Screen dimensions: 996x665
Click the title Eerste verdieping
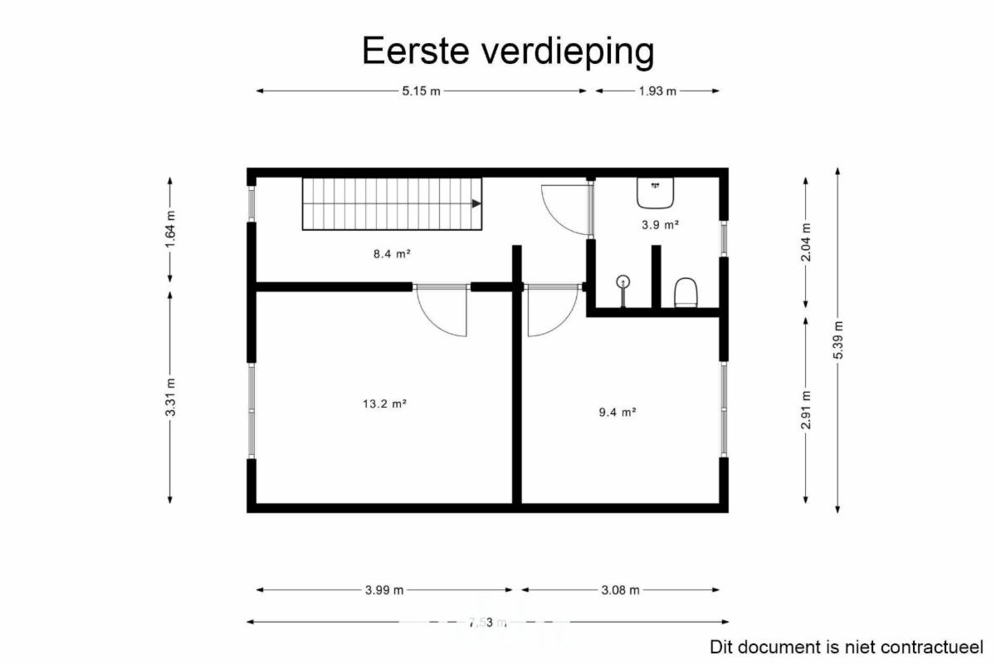tap(508, 51)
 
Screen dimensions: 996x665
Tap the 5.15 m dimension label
tap(421, 91)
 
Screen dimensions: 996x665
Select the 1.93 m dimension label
tap(657, 91)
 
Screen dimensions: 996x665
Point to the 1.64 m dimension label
tap(170, 229)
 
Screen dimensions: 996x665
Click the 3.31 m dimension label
tap(170, 397)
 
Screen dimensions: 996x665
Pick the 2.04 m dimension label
tap(806, 242)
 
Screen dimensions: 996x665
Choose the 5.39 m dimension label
tap(837, 340)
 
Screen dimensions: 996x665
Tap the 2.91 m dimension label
tap(806, 409)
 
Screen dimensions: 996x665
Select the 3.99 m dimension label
tap(384, 590)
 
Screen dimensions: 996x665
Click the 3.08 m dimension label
tap(620, 590)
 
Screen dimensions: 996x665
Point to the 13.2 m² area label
tap(384, 403)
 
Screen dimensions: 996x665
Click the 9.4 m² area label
tap(618, 413)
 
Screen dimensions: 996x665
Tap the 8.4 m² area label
tap(392, 254)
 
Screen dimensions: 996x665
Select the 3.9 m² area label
tap(660, 225)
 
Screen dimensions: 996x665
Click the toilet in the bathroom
tap(686, 293)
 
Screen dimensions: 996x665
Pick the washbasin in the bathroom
tap(655, 193)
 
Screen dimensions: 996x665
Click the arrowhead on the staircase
tap(476, 203)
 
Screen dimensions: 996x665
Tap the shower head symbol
tap(623, 281)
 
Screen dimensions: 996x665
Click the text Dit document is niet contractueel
tap(847, 648)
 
